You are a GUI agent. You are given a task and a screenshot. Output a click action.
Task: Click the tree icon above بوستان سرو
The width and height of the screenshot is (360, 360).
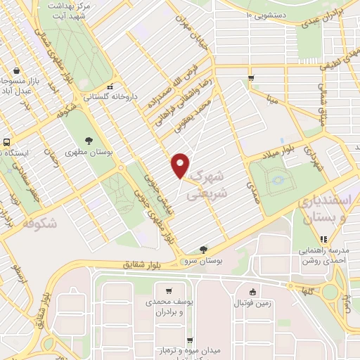(203, 249)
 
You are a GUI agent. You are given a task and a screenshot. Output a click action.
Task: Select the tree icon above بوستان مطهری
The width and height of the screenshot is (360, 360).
(89, 140)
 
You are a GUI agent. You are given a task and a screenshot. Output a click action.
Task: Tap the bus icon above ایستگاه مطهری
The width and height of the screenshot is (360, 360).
(6, 142)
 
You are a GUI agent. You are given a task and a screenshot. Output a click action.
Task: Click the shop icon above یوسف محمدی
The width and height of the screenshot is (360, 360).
(169, 290)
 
